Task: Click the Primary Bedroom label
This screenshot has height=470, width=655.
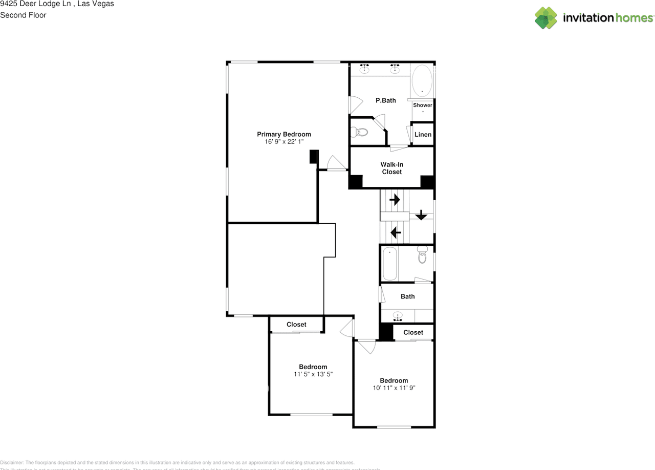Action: [x=283, y=134]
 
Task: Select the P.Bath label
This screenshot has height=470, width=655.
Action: [x=385, y=100]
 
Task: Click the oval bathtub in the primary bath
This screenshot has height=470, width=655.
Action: [x=422, y=80]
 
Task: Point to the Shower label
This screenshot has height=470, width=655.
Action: [x=423, y=105]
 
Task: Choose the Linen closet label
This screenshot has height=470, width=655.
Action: [x=423, y=135]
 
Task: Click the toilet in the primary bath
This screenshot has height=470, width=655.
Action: [x=361, y=132]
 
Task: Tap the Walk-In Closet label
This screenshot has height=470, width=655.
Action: [x=391, y=168]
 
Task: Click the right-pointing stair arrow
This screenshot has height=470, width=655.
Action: [x=395, y=200]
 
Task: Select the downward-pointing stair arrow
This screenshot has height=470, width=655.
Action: [x=421, y=215]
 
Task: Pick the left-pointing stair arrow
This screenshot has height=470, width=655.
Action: [x=396, y=233]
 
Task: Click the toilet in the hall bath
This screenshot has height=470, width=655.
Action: [x=422, y=254]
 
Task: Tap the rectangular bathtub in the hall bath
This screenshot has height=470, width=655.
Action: [x=389, y=264]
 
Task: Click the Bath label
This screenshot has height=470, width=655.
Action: [x=407, y=296]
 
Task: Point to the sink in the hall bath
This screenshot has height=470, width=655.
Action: [x=398, y=316]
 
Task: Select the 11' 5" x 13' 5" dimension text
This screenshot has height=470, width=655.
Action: [x=313, y=374]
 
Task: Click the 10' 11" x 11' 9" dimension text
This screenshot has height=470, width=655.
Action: [x=394, y=388]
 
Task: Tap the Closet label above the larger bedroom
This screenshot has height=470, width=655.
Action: [x=296, y=325]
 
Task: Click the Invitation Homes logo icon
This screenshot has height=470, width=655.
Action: [x=545, y=18]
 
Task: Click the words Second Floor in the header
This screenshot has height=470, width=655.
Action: [x=23, y=15]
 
